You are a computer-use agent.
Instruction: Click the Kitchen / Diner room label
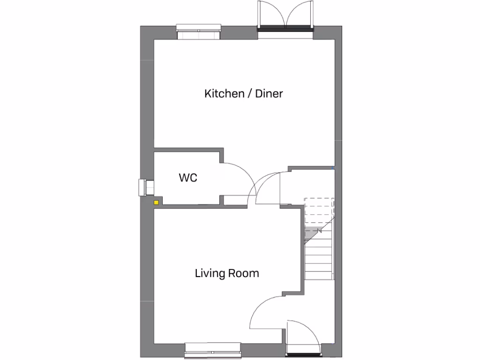click(243, 94)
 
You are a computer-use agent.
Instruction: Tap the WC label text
click(187, 178)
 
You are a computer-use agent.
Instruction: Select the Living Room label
click(227, 273)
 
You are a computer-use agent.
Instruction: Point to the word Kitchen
click(224, 94)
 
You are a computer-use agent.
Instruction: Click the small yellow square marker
click(156, 202)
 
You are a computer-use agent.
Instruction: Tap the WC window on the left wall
click(143, 187)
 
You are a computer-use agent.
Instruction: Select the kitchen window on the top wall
click(198, 32)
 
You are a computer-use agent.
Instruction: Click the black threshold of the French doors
click(285, 29)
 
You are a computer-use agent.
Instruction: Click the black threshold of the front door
click(304, 350)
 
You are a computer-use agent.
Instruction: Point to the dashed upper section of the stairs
click(319, 211)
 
